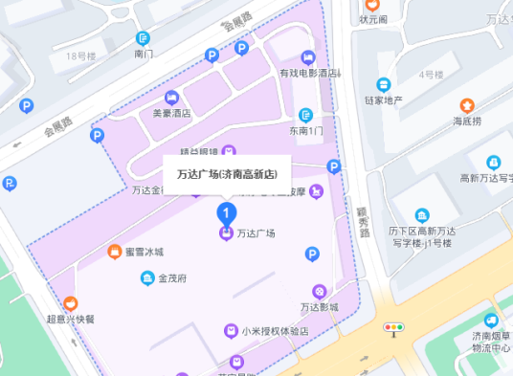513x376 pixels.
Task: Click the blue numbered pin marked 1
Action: click(x=226, y=210)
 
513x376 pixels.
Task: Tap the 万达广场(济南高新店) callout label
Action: click(x=227, y=174)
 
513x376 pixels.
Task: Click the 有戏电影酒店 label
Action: click(x=309, y=74)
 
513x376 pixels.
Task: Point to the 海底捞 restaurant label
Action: click(x=467, y=122)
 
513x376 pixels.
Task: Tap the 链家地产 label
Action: click(x=383, y=100)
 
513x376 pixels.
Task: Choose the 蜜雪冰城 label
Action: click(x=145, y=252)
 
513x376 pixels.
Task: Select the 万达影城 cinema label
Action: click(x=320, y=307)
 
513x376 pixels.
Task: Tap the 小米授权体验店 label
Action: click(x=274, y=331)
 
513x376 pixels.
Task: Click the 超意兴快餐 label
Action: click(x=71, y=319)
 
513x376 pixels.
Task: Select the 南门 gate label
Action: click(x=145, y=55)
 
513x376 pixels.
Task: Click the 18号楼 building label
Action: click(x=81, y=56)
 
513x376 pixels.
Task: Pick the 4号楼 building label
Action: click(x=431, y=74)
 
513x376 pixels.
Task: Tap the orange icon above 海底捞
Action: click(x=467, y=104)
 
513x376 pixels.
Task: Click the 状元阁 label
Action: click(x=373, y=19)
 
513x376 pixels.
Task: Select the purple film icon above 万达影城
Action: click(x=320, y=291)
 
